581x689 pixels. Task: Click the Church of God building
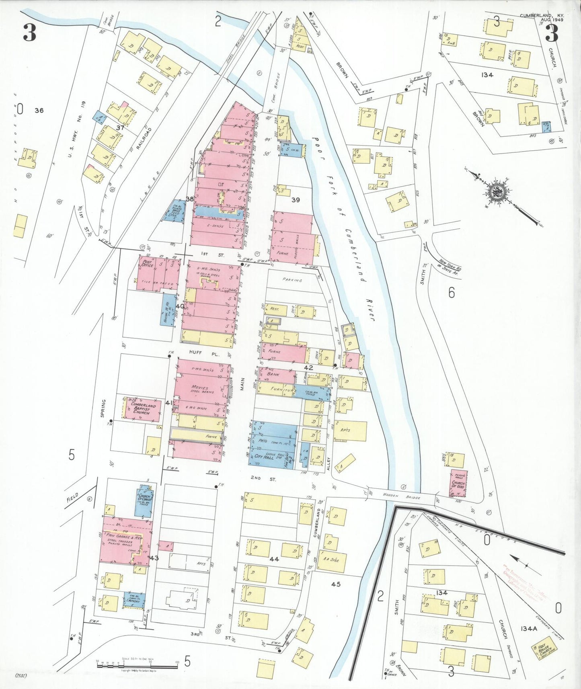[x=458, y=484]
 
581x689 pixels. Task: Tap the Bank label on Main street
[x=273, y=374]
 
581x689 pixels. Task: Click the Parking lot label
[x=292, y=280]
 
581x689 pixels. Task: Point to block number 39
[x=296, y=200]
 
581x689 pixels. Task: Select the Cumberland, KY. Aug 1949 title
[x=542, y=17]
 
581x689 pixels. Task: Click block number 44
[x=274, y=559]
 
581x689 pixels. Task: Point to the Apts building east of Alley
[x=345, y=430]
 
